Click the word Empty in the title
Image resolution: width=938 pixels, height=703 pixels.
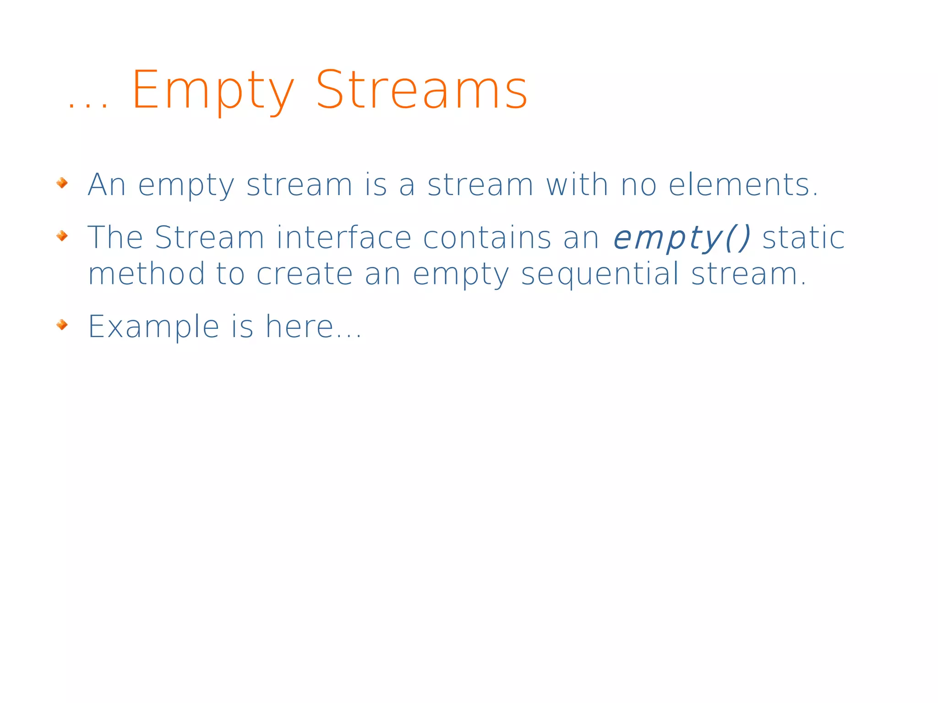click(213, 90)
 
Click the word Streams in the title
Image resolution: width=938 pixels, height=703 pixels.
click(422, 90)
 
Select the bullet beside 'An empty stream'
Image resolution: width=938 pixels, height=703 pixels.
click(62, 183)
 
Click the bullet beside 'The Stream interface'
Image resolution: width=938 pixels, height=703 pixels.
click(62, 236)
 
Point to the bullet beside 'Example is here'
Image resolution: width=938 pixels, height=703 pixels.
click(62, 325)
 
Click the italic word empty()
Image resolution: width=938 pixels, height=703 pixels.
click(682, 238)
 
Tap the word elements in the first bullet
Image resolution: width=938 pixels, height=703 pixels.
click(743, 185)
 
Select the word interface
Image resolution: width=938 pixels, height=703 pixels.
click(344, 238)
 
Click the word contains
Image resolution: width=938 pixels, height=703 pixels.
click(487, 238)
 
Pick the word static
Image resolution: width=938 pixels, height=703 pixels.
click(803, 238)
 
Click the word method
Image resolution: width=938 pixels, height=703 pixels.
click(147, 273)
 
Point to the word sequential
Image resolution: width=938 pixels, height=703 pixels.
click(600, 274)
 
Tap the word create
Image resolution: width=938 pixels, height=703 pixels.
click(305, 274)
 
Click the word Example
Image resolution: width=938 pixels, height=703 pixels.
click(153, 327)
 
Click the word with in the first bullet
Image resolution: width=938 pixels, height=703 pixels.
click(577, 185)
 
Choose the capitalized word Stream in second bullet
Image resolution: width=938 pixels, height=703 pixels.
click(209, 238)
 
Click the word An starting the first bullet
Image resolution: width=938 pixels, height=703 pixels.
click(107, 185)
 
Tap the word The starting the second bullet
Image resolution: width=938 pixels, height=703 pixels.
click(115, 238)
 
